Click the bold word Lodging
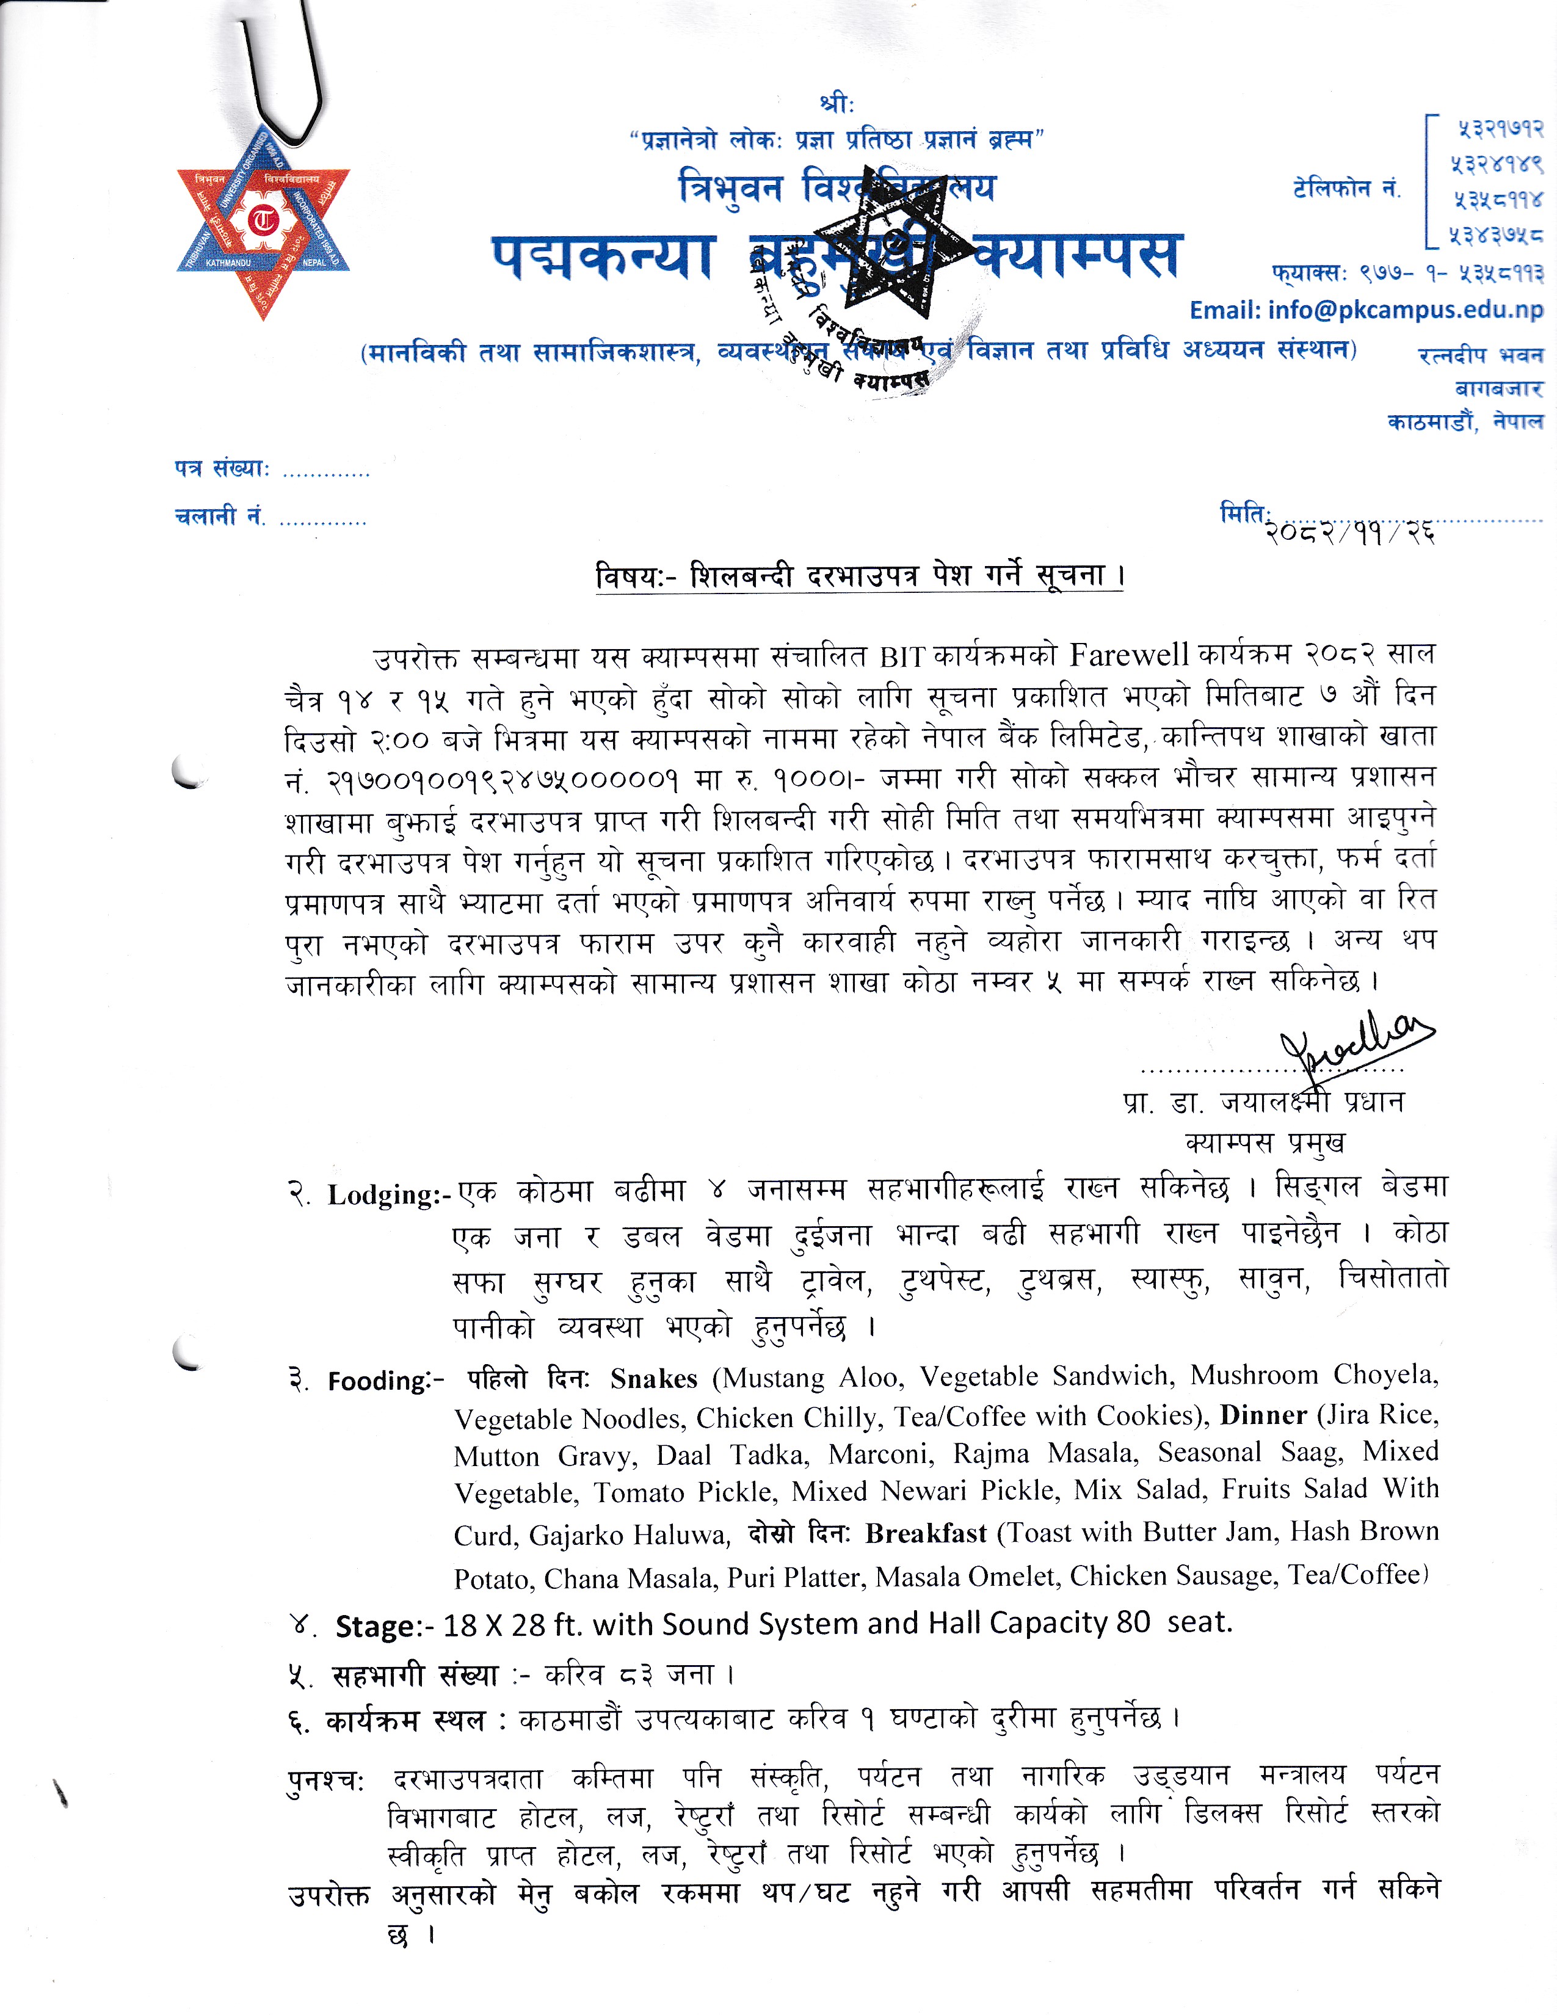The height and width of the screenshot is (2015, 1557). coord(383,1195)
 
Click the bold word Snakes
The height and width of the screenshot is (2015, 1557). coord(653,1378)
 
